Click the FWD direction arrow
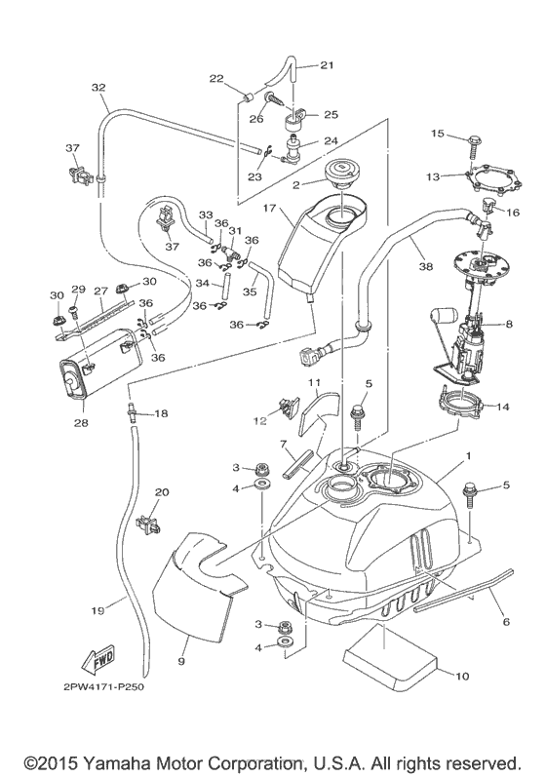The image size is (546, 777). [x=97, y=660]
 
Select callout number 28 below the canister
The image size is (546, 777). [x=81, y=423]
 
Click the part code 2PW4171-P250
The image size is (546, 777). [x=103, y=688]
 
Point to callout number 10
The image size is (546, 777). [x=462, y=676]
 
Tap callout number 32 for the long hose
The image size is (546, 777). [x=98, y=87]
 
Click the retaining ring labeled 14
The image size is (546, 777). [x=460, y=403]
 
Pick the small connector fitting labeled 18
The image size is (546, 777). [x=133, y=412]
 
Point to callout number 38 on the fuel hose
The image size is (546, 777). [x=426, y=266]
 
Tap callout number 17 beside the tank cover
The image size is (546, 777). [x=269, y=208]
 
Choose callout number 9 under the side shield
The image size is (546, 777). [x=180, y=661]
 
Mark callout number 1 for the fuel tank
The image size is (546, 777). [x=468, y=455]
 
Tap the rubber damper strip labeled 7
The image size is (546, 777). [x=297, y=464]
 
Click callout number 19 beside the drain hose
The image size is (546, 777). [x=98, y=610]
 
